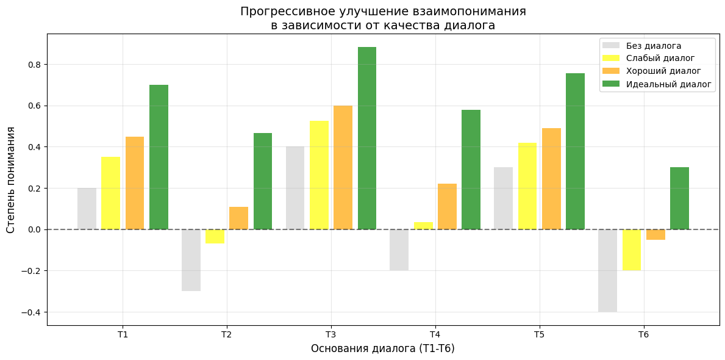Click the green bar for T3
tap(367, 138)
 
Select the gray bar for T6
tap(607, 270)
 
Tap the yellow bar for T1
tap(110, 193)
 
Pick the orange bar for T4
tap(447, 206)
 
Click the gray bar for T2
tap(191, 260)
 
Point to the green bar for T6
tap(679, 198)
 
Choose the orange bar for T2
tap(238, 218)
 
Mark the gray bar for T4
tap(399, 250)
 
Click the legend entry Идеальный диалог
tap(668, 84)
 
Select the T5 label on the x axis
tap(539, 334)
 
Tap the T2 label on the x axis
tap(226, 334)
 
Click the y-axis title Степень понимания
tap(11, 179)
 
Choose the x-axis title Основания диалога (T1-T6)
tap(382, 348)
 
